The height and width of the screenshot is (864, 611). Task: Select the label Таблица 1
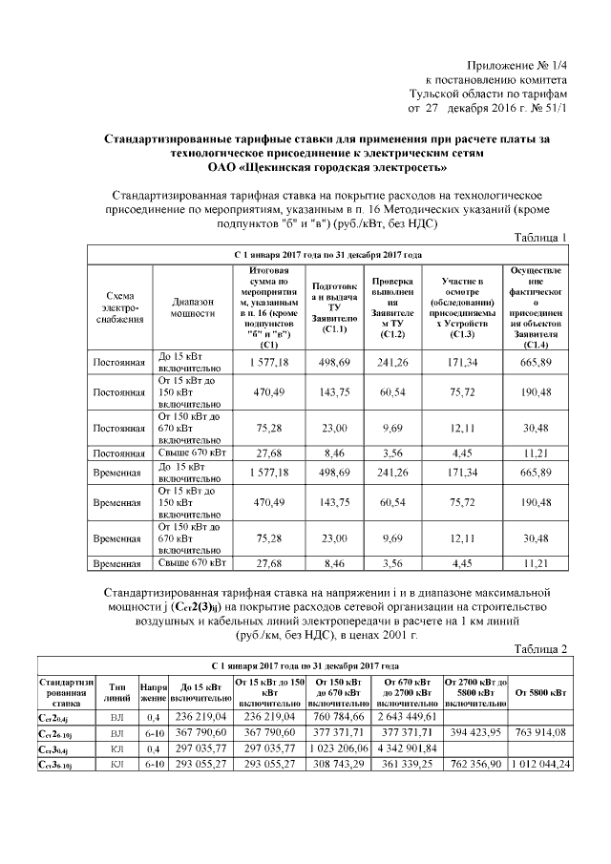point(540,238)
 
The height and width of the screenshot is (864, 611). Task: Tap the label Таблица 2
point(540,649)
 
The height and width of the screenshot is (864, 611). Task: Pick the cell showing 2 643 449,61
point(408,717)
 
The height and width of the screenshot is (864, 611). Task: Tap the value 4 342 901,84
point(408,748)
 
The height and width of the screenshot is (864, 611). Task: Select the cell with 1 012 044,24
point(539,764)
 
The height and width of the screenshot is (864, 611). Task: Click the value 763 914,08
point(539,732)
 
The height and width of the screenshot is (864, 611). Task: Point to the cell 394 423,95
point(474,732)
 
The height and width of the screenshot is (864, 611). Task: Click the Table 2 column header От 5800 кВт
point(539,691)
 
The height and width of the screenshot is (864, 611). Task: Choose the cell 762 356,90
point(474,764)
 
